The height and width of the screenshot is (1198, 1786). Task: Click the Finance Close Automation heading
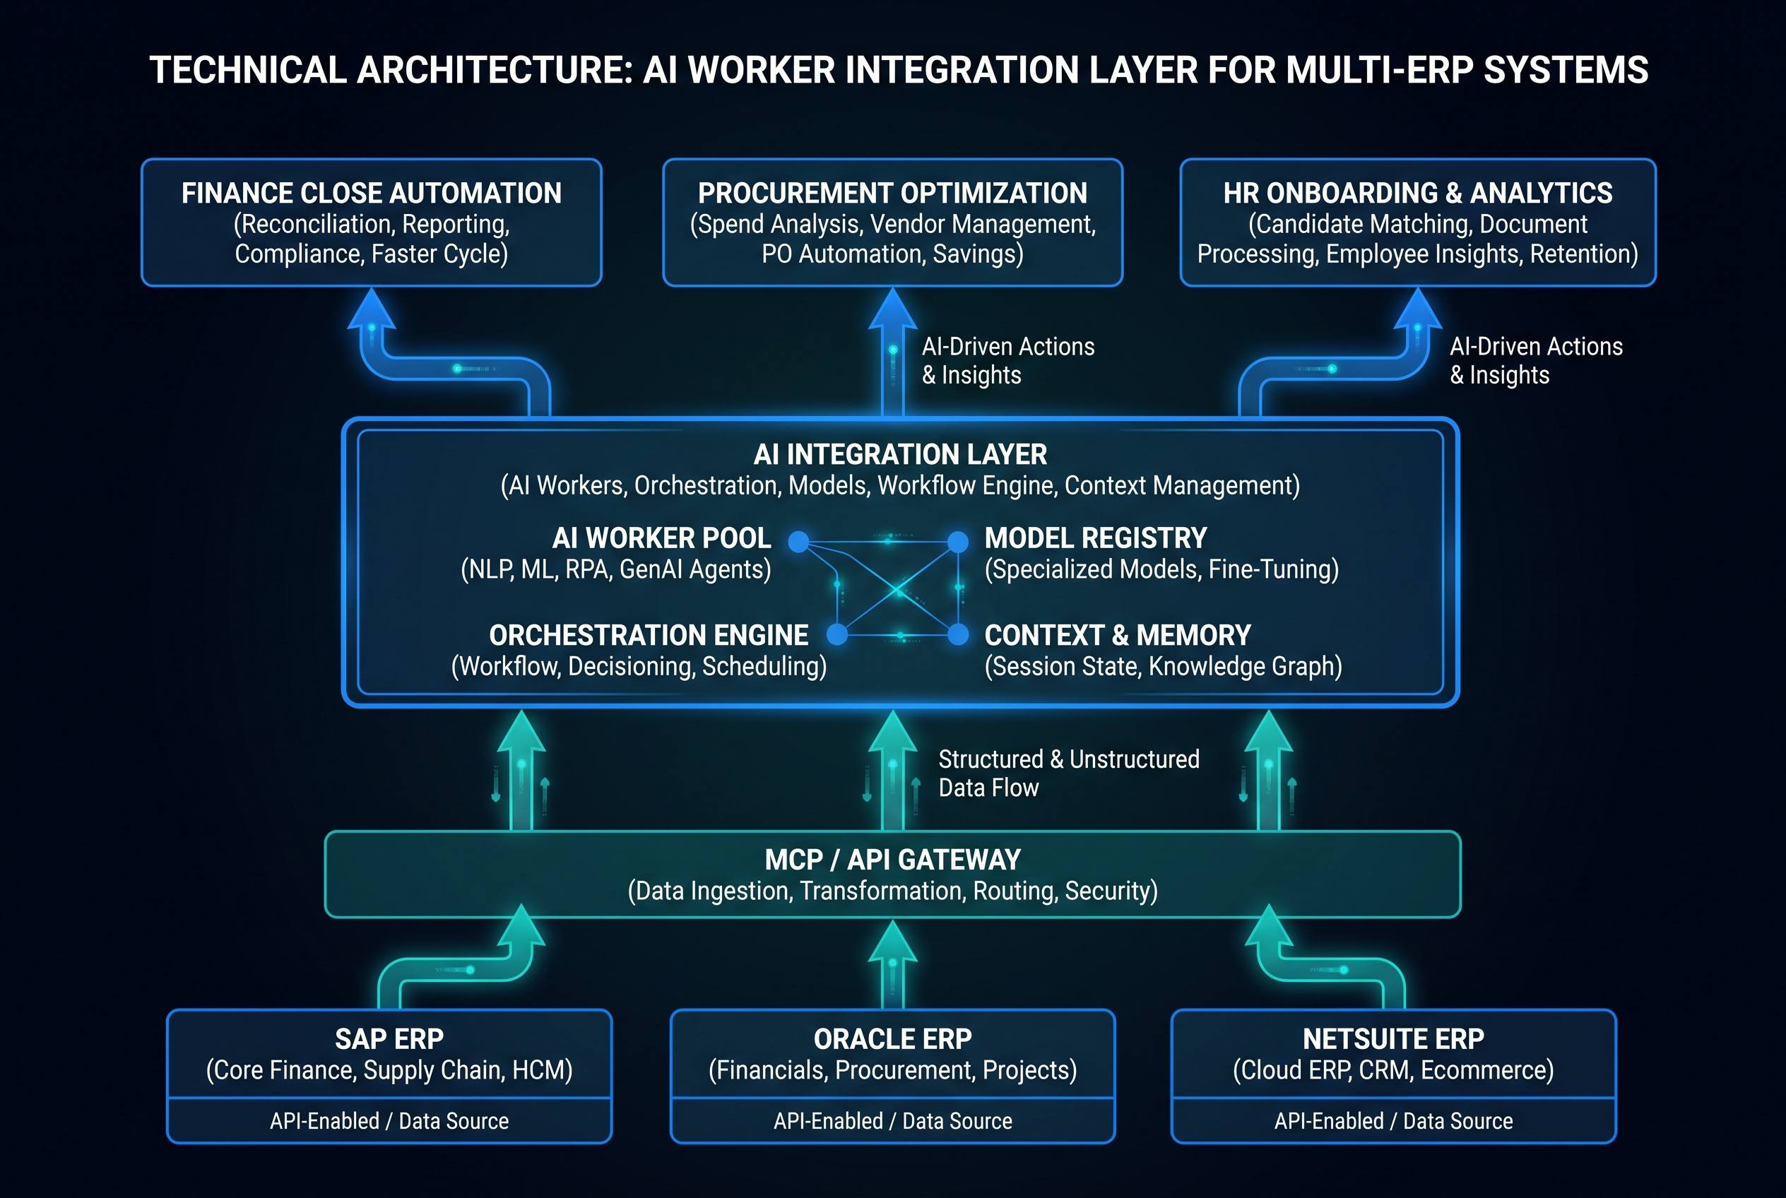tap(372, 194)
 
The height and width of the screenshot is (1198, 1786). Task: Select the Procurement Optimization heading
tap(892, 194)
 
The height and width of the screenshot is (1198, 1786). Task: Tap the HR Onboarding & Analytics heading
tap(1418, 194)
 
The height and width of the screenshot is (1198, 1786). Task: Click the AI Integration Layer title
tap(900, 455)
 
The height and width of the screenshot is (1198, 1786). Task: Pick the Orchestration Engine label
tap(649, 635)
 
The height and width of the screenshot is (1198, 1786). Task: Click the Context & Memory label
tap(1117, 635)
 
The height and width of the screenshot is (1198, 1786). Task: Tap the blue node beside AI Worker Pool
tap(798, 542)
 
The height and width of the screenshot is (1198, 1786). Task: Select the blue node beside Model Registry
tap(957, 542)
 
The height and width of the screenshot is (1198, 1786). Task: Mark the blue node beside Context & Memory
tap(958, 634)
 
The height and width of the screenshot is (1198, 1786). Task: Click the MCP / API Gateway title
tap(892, 860)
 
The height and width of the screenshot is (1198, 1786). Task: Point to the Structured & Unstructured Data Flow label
tap(1069, 773)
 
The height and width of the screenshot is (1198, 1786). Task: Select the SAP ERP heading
tap(389, 1039)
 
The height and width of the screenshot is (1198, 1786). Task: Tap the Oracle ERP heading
tap(892, 1039)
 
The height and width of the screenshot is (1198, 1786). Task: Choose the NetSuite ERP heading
tap(1393, 1039)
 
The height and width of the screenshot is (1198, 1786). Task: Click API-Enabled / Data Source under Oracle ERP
tap(892, 1121)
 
